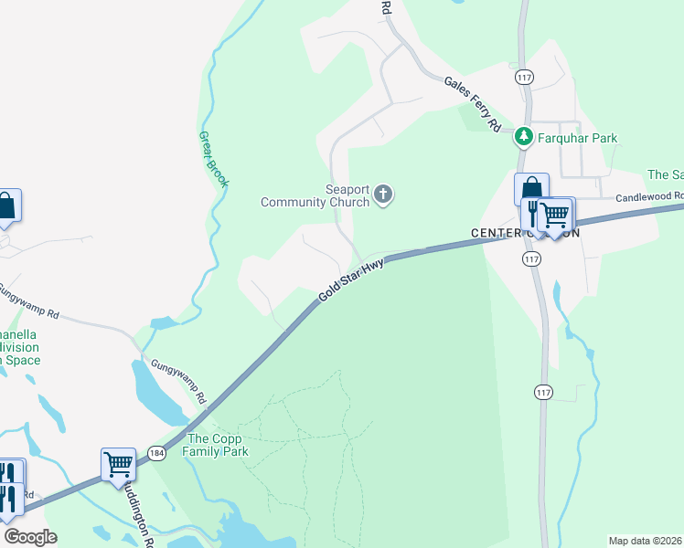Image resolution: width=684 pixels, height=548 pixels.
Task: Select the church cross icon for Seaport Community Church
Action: [x=384, y=194]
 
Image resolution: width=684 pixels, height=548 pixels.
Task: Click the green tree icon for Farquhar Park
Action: [x=523, y=137]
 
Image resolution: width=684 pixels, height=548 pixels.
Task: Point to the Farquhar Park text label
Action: [x=577, y=139]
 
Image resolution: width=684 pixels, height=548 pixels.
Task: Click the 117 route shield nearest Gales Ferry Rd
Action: [x=523, y=77]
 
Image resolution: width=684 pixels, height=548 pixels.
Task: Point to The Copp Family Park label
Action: [x=217, y=445]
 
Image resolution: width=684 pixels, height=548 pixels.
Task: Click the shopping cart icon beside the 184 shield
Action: [x=119, y=464]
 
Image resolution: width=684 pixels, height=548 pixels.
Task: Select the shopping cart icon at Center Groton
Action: [x=555, y=215]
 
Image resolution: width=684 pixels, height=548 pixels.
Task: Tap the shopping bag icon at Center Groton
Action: [x=531, y=189]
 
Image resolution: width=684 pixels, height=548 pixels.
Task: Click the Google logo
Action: [x=31, y=537]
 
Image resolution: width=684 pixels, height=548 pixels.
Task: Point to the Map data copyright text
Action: [x=645, y=541]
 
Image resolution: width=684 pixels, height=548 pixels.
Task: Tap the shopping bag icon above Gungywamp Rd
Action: [x=5, y=205]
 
